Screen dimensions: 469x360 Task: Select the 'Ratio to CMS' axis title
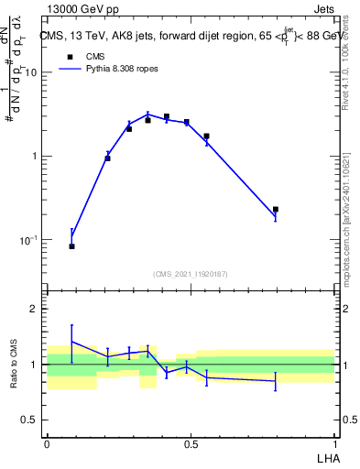pyautogui.click(x=15, y=364)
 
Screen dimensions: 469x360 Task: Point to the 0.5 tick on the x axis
pyautogui.click(x=191, y=442)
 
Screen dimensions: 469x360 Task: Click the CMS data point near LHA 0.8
pyautogui.click(x=276, y=210)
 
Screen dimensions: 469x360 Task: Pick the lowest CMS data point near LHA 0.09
pyautogui.click(x=72, y=246)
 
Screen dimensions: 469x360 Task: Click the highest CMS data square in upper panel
pyautogui.click(x=167, y=117)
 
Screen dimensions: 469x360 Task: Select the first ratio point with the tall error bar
pyautogui.click(x=72, y=342)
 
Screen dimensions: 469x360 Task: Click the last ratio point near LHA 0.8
pyautogui.click(x=276, y=380)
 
